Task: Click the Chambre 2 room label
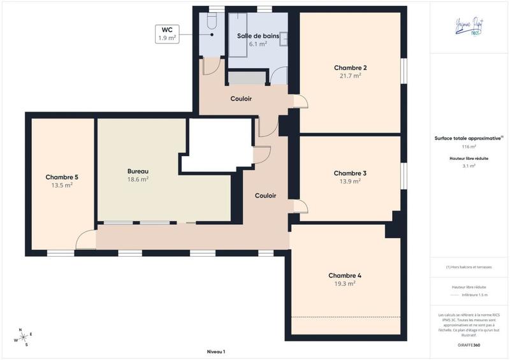click(x=350, y=68)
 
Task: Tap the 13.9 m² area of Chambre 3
click(x=350, y=181)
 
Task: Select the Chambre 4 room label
click(x=345, y=275)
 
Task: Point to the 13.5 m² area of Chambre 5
click(x=62, y=185)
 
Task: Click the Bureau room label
click(x=138, y=171)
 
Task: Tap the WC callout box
click(x=166, y=34)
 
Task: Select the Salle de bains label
click(x=252, y=36)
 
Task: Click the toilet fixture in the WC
click(x=212, y=24)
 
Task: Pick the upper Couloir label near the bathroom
click(x=241, y=99)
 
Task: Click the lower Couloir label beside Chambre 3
click(x=265, y=196)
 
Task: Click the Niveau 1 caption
click(x=216, y=352)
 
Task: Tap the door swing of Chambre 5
click(x=85, y=240)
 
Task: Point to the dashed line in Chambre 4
click(x=347, y=317)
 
